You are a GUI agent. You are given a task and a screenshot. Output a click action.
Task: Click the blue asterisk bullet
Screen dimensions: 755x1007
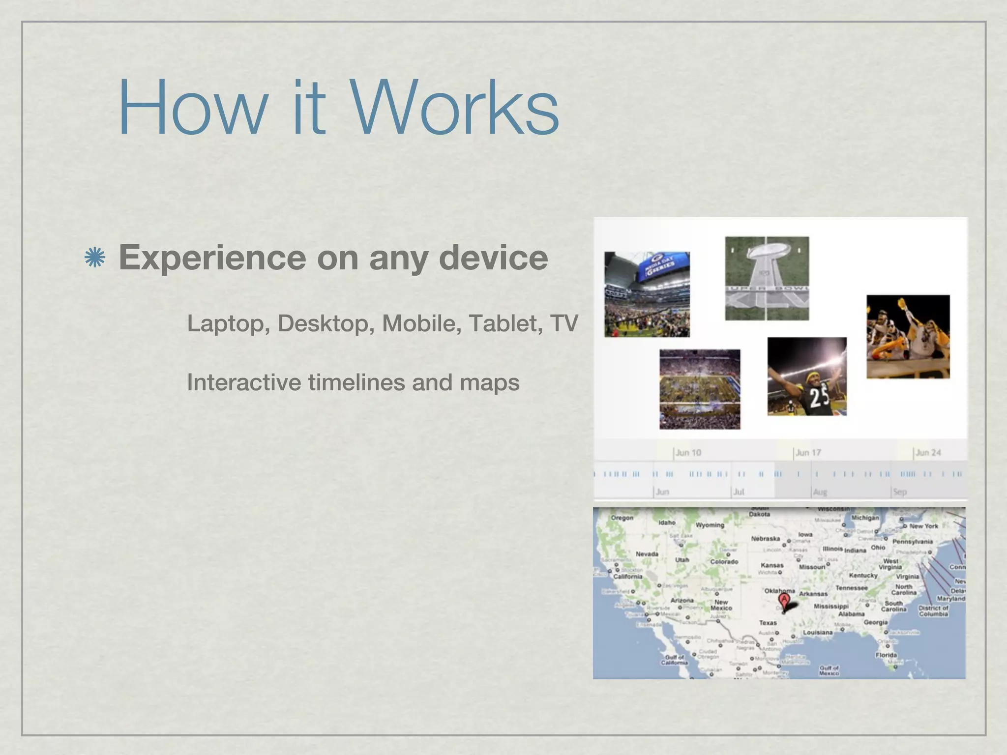pos(95,258)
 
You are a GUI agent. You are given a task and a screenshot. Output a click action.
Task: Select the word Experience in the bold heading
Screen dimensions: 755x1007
pos(212,258)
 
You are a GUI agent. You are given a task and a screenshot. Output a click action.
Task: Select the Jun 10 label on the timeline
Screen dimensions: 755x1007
pos(688,453)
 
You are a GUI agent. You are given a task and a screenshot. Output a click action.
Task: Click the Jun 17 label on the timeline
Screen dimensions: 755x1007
pos(808,453)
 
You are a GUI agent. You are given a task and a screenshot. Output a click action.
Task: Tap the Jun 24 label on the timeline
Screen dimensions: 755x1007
pos(928,453)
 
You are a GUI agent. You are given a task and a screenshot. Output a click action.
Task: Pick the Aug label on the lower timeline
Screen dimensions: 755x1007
pos(820,492)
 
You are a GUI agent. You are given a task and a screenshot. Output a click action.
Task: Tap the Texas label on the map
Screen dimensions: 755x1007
pos(768,623)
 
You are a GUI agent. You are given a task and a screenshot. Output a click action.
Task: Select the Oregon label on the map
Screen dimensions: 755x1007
pos(622,518)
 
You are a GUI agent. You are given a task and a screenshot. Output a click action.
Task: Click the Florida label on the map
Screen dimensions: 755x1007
pos(886,655)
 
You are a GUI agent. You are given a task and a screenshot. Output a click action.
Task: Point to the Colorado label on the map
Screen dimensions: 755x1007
pos(724,561)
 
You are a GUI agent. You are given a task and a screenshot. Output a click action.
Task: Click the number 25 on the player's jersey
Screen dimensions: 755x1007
pos(819,398)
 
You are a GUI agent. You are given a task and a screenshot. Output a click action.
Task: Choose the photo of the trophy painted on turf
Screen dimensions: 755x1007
pos(767,278)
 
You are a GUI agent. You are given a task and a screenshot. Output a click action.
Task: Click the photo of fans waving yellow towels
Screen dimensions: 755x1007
pos(908,337)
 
